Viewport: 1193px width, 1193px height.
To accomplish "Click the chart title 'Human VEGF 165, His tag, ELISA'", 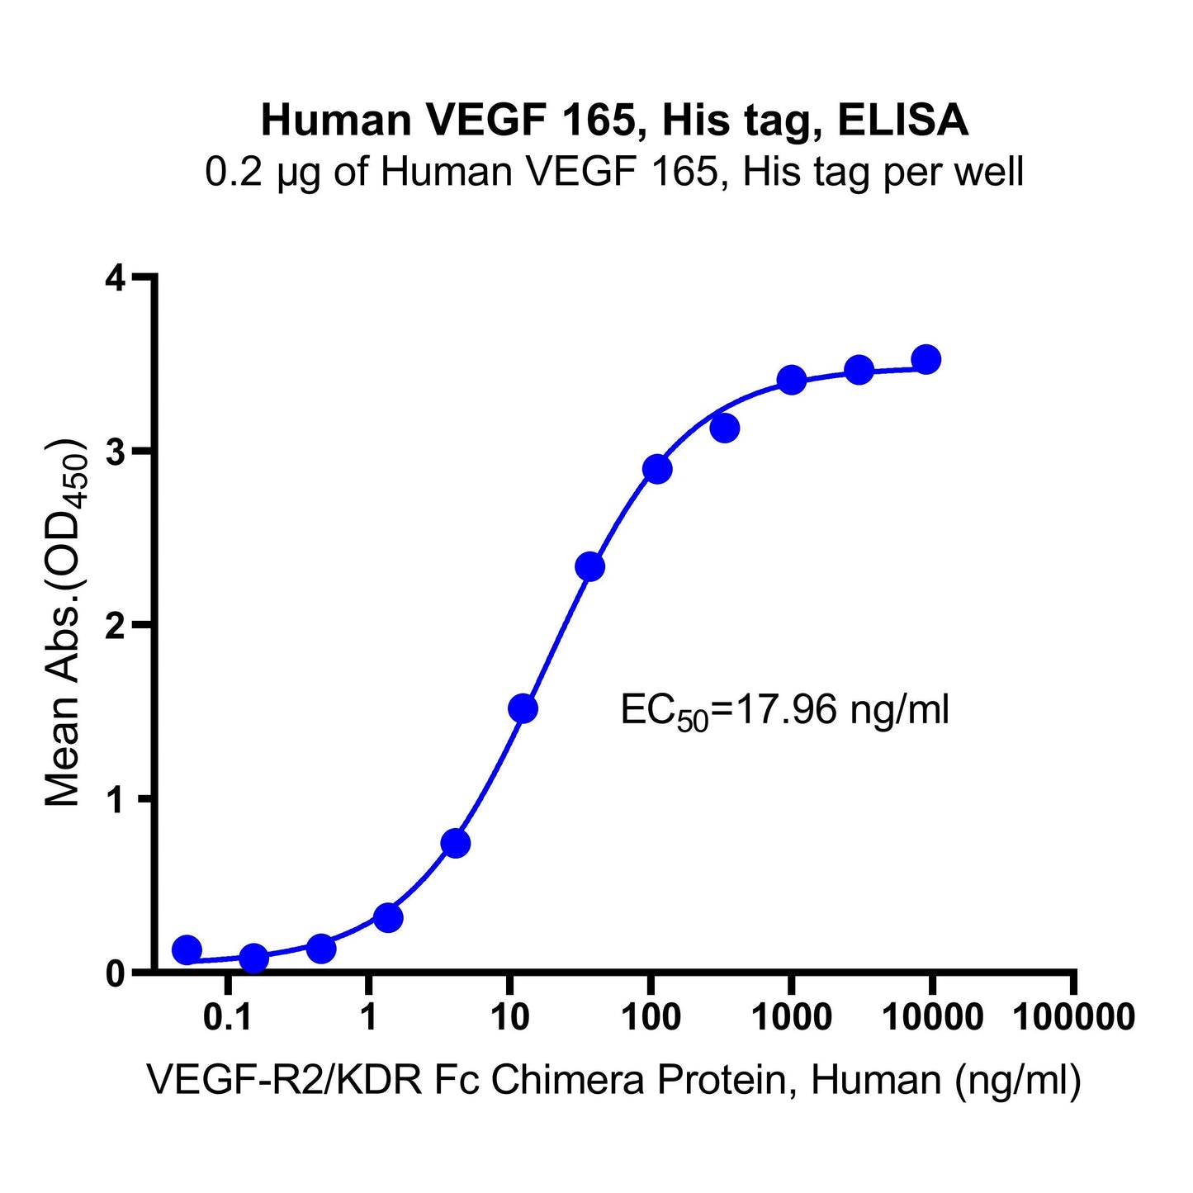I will pyautogui.click(x=614, y=121).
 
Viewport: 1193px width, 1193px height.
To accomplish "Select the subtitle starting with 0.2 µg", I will pyautogui.click(x=614, y=173).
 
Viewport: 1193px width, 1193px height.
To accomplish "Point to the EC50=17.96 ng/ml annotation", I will pyautogui.click(x=784, y=711).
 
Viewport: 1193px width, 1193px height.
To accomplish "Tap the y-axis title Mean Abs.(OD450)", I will pyautogui.click(x=64, y=623).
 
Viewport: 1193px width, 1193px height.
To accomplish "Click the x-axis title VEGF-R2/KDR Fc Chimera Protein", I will pyautogui.click(x=613, y=1080).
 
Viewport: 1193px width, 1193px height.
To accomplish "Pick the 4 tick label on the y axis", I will pyautogui.click(x=115, y=278).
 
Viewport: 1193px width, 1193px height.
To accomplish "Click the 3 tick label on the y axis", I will pyautogui.click(x=115, y=452).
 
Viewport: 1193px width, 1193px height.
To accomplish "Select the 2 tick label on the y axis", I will pyautogui.click(x=115, y=626).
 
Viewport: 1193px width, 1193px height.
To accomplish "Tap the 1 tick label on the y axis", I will pyautogui.click(x=115, y=799).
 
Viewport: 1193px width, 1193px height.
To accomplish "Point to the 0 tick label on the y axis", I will pyautogui.click(x=115, y=973).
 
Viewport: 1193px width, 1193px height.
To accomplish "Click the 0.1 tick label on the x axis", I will pyautogui.click(x=227, y=1017).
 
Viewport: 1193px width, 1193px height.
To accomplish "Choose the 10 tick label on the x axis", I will pyautogui.click(x=509, y=1017).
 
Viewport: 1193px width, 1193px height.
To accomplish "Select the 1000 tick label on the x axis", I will pyautogui.click(x=792, y=1017).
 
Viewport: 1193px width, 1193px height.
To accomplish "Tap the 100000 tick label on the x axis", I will pyautogui.click(x=1073, y=1017).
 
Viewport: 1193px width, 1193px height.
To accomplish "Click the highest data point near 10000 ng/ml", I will pyautogui.click(x=926, y=359).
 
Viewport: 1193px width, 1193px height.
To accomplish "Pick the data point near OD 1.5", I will pyautogui.click(x=523, y=708).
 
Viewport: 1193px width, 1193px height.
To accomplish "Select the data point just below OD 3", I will pyautogui.click(x=657, y=469).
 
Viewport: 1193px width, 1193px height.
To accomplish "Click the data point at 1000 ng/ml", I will pyautogui.click(x=792, y=381).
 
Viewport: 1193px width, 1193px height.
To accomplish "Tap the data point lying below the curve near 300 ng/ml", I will pyautogui.click(x=724, y=428).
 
